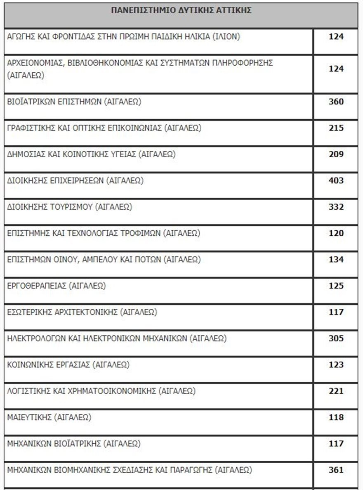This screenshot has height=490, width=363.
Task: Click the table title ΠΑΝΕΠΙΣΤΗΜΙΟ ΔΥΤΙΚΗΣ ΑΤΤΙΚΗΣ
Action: [x=181, y=11]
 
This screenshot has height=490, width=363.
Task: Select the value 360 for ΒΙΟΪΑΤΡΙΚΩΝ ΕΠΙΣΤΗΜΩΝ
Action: [x=336, y=102]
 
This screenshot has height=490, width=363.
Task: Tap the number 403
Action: [x=336, y=180]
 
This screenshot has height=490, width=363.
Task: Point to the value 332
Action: [x=336, y=207]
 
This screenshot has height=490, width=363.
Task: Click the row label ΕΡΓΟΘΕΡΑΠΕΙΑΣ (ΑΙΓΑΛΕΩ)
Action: [x=57, y=286]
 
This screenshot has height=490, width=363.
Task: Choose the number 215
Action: [x=336, y=128]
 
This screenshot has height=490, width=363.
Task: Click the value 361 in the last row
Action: [x=336, y=470]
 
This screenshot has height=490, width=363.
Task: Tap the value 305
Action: [x=336, y=339]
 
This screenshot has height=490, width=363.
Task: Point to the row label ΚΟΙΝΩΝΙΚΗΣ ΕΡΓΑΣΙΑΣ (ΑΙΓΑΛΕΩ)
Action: [x=68, y=365]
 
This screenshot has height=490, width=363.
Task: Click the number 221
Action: [x=336, y=391]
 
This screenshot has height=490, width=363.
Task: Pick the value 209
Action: [x=336, y=154]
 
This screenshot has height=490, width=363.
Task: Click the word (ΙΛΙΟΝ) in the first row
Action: [x=226, y=36]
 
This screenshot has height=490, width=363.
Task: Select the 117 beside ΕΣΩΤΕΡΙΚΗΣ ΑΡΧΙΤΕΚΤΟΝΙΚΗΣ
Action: [x=336, y=312]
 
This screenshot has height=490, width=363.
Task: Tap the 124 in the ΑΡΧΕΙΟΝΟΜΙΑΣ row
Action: [x=336, y=69]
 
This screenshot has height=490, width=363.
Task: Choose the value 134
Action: [x=336, y=260]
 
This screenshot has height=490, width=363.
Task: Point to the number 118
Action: [x=336, y=417]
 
